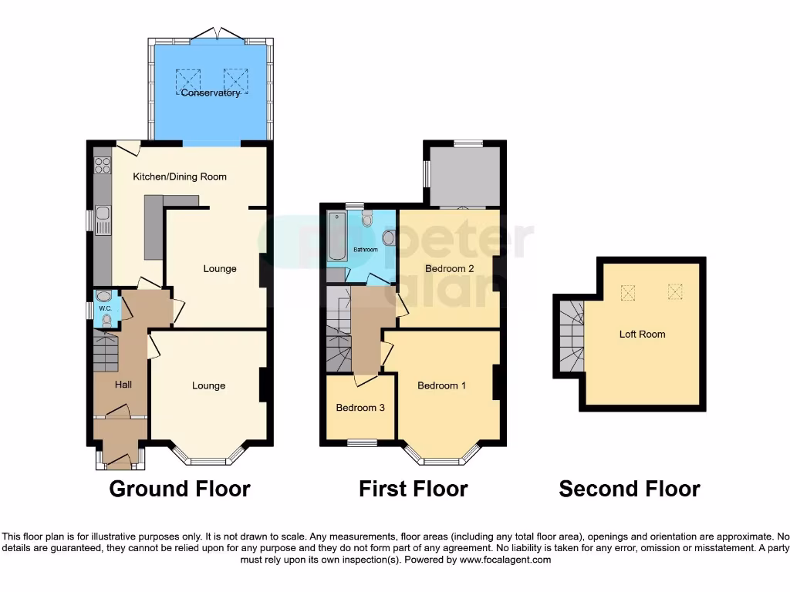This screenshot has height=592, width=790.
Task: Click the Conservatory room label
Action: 211,93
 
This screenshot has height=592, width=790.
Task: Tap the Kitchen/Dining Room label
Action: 180,177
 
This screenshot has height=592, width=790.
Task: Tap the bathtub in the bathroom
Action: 337,236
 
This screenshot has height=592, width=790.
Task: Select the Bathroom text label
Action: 366,250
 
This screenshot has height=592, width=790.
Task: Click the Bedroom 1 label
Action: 441,385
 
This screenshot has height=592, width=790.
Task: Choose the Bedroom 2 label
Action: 449,269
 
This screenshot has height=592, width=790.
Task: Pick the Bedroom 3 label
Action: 360,408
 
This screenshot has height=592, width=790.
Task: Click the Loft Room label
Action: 642,335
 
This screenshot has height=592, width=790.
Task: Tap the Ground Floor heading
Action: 180,489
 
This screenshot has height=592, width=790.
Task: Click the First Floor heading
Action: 413,489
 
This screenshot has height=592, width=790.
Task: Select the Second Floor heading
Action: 630,489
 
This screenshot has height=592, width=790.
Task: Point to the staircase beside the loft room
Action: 569,336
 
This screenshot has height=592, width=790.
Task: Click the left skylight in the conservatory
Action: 188,79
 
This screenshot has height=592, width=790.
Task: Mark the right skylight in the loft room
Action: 675,292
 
